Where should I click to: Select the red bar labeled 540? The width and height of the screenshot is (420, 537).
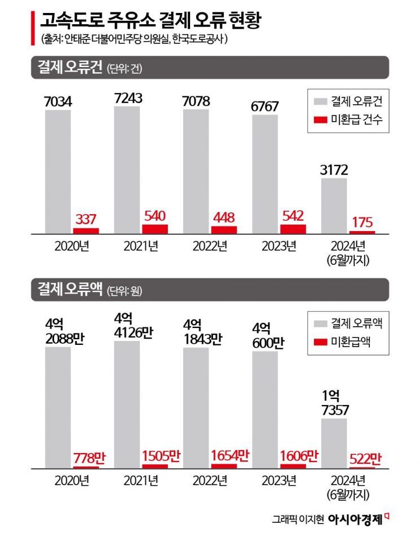154,229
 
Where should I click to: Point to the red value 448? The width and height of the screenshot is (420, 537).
223,217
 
